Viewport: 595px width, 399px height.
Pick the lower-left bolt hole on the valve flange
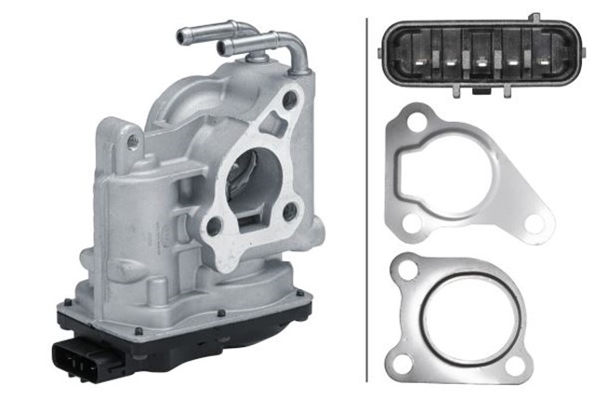coord(216,225)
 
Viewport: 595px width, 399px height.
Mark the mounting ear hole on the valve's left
coord(133,141)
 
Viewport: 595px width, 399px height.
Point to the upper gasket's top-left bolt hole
coord(414,124)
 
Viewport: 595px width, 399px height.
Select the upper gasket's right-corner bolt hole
coord(533,223)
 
